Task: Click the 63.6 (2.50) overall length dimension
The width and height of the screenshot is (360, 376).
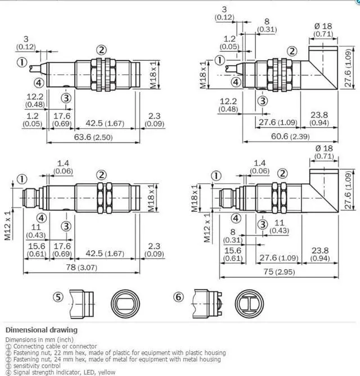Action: coord(93,137)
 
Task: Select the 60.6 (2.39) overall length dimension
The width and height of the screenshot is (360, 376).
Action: coord(290,136)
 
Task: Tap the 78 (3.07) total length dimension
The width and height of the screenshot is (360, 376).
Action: coord(82,267)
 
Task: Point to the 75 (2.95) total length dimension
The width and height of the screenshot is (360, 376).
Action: coord(279,271)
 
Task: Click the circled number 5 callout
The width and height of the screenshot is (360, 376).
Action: coord(58,297)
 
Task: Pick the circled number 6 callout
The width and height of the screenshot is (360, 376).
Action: coord(178,297)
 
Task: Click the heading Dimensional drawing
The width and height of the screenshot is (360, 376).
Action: coord(42,330)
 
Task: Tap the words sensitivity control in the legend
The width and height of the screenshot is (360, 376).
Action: coord(37,366)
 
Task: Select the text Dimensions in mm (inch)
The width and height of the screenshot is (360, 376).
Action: coord(39,339)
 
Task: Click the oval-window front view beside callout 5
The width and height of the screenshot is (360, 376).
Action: coord(125,304)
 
